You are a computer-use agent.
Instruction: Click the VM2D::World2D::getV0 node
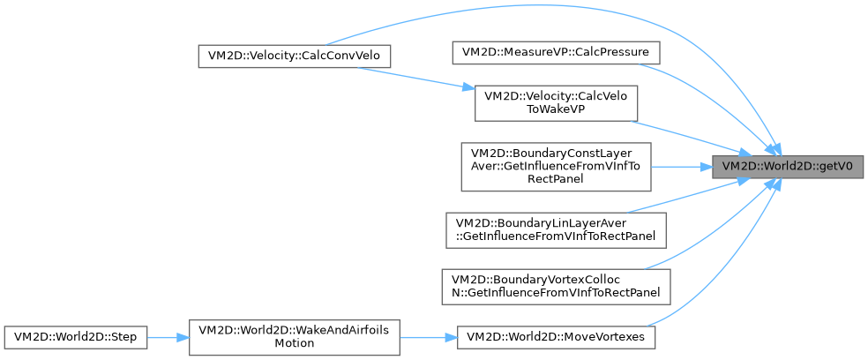(788, 166)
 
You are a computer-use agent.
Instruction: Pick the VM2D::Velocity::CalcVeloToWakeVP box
(556, 103)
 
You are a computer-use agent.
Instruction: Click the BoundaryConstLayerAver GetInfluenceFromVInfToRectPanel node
(556, 166)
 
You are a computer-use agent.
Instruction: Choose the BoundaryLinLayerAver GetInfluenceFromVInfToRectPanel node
(556, 229)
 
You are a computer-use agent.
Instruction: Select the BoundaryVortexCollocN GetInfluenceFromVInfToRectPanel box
(556, 284)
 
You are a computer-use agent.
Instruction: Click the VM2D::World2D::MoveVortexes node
(556, 337)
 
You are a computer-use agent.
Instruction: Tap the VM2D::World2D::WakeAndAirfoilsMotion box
(296, 337)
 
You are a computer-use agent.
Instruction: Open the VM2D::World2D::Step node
(75, 337)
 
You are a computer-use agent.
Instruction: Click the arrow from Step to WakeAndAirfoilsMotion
(168, 337)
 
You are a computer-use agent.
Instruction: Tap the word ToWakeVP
(556, 111)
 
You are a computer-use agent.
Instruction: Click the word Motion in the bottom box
(295, 344)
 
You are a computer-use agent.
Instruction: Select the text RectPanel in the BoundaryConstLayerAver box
(556, 179)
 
